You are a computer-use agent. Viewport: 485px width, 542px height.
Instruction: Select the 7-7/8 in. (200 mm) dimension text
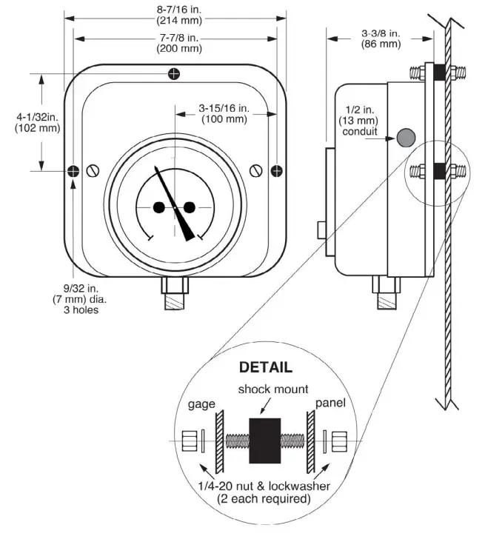175,44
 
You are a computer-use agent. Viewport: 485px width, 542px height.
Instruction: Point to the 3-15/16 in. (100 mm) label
224,114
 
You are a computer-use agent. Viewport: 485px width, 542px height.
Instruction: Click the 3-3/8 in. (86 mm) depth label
381,39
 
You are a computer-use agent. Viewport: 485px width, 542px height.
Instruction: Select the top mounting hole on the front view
173,73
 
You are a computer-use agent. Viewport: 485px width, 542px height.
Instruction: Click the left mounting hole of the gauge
73,171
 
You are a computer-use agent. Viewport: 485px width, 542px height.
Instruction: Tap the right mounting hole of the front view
276,171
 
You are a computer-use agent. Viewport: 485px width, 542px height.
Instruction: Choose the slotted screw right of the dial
256,171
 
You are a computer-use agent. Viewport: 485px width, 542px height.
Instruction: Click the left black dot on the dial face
159,207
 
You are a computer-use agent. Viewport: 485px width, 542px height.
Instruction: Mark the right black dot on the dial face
189,207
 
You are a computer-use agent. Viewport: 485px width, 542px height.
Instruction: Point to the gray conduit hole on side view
406,137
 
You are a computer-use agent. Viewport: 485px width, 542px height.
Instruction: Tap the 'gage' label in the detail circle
201,404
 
